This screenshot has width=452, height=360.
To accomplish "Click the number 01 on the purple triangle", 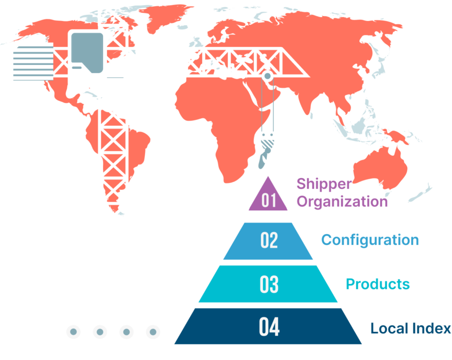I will tap(269, 200).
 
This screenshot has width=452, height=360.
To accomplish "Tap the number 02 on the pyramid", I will tap(269, 240).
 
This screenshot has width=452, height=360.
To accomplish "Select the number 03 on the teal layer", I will tap(269, 284).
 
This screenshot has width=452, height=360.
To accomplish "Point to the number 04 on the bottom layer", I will tap(269, 327).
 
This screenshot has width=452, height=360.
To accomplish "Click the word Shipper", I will tap(324, 184).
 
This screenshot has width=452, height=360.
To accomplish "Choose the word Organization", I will tap(342, 201).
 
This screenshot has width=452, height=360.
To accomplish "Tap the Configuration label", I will tap(370, 240).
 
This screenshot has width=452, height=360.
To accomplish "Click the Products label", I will tap(378, 284).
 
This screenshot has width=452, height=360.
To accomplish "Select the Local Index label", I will tap(410, 328).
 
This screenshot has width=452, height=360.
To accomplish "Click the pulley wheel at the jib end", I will tap(267, 77).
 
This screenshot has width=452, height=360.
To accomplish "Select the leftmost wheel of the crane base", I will tap(74, 331).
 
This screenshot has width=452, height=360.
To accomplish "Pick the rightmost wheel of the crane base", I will tap(152, 331).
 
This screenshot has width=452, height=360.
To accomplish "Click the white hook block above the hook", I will tap(267, 139).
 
